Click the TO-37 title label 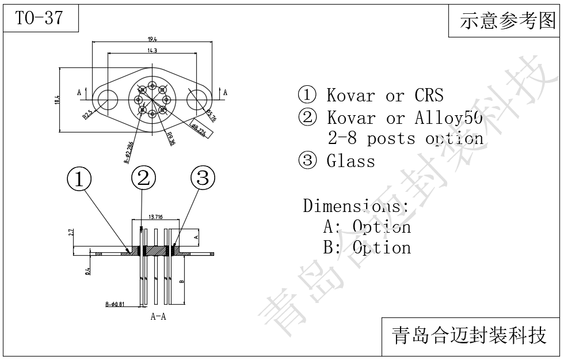click(39, 18)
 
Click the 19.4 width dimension click(152, 39)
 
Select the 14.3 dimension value click(152, 51)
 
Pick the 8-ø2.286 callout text click(129, 152)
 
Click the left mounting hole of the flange click(107, 100)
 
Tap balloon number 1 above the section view click(79, 179)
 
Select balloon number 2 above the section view click(143, 178)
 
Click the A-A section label click(159, 316)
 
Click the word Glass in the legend click(350, 161)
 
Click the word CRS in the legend click(429, 95)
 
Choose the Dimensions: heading click(356, 206)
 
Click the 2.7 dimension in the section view click(71, 233)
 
